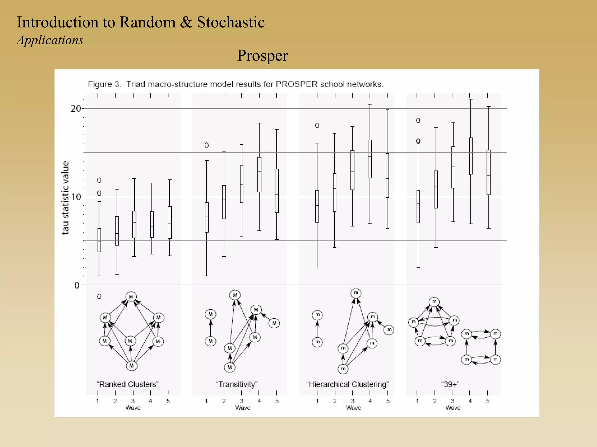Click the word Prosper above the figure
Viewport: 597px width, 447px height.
pyautogui.click(x=262, y=55)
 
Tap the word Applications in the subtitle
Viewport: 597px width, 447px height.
pyautogui.click(x=50, y=40)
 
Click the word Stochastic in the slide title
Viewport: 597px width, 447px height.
pyautogui.click(x=231, y=22)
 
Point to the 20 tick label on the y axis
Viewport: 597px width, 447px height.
pyautogui.click(x=76, y=109)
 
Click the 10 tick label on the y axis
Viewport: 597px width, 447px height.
pyautogui.click(x=76, y=197)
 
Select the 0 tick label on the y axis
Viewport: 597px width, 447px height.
pyautogui.click(x=77, y=285)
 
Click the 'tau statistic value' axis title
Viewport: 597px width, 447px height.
pyautogui.click(x=66, y=198)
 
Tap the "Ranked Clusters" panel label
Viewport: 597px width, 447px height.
pyautogui.click(x=127, y=384)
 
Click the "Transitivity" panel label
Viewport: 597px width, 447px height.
pyautogui.click(x=237, y=384)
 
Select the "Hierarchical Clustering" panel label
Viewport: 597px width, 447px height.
pyautogui.click(x=347, y=384)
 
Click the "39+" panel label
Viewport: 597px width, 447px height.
pyautogui.click(x=450, y=384)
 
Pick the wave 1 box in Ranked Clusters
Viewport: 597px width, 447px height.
pyautogui.click(x=99, y=240)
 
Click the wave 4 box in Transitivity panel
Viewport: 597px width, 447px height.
pyautogui.click(x=259, y=175)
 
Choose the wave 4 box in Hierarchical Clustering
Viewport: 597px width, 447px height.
pyautogui.click(x=370, y=159)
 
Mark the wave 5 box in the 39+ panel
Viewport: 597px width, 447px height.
pyautogui.click(x=489, y=172)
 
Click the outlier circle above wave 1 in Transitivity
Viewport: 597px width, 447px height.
pyautogui.click(x=206, y=145)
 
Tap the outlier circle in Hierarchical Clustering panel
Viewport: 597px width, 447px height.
pyautogui.click(x=317, y=125)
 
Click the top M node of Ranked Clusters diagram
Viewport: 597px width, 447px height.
pyautogui.click(x=131, y=297)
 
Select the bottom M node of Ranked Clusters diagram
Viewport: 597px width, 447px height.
pyautogui.click(x=131, y=366)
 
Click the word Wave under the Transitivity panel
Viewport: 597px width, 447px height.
pyautogui.click(x=243, y=408)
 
